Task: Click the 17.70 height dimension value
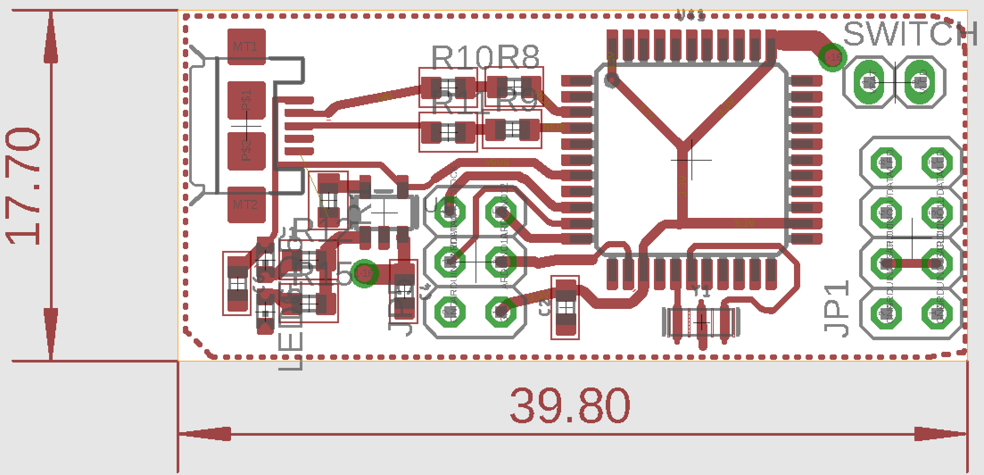[25, 186]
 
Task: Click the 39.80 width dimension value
[570, 406]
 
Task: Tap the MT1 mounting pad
[246, 46]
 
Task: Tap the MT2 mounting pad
[246, 205]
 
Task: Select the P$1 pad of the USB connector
[246, 100]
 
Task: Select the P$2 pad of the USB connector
[246, 151]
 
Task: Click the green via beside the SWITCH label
[832, 57]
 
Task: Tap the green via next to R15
[364, 273]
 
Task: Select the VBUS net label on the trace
[497, 162]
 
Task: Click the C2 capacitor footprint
[566, 308]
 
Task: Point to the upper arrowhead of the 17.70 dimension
[52, 36]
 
